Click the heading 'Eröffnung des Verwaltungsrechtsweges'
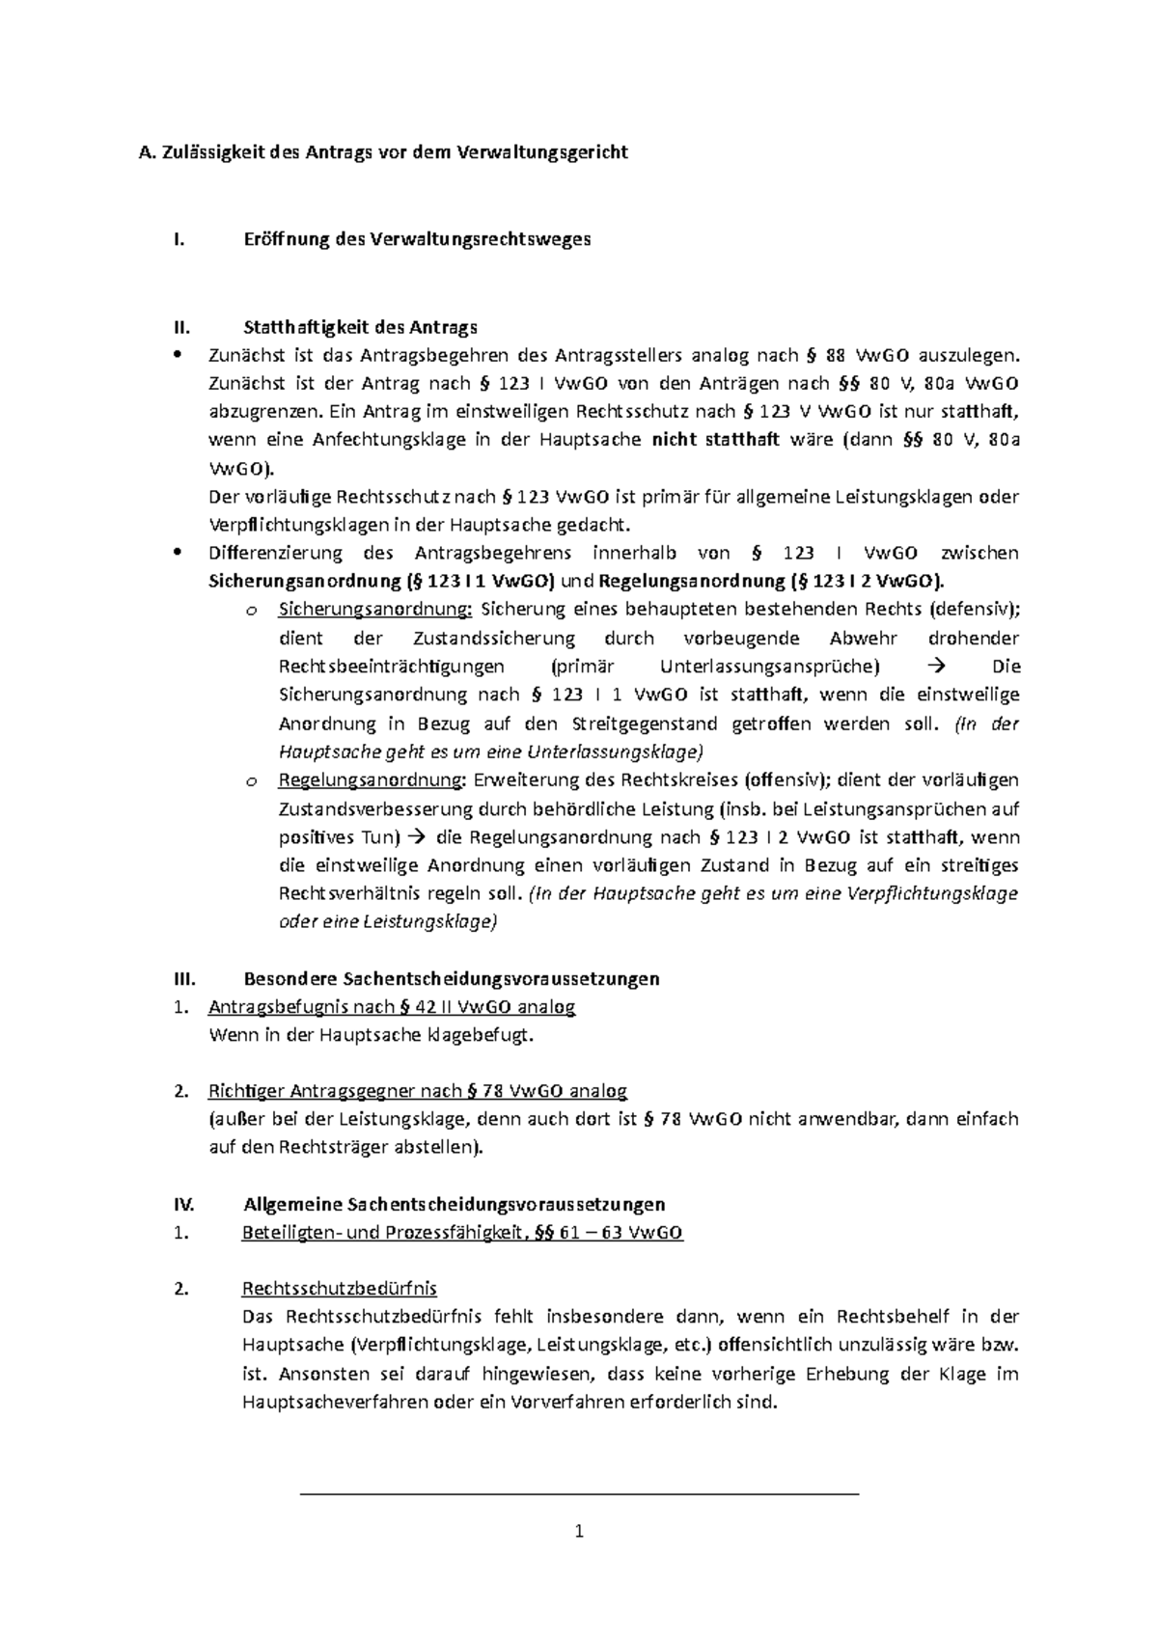416,239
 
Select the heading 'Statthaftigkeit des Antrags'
360,327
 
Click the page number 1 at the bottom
579,1531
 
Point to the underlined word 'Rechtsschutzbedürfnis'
339,1289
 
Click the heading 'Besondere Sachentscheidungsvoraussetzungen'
452,978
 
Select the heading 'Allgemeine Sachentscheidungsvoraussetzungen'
454,1204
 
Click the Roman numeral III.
183,978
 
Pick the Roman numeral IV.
183,1204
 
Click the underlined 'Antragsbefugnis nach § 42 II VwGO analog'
391,1007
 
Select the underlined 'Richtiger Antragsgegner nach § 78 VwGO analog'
417,1091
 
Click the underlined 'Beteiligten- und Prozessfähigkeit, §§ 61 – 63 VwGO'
462,1233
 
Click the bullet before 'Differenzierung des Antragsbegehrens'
176,553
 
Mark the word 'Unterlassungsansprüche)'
770,667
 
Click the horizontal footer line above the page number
579,1493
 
